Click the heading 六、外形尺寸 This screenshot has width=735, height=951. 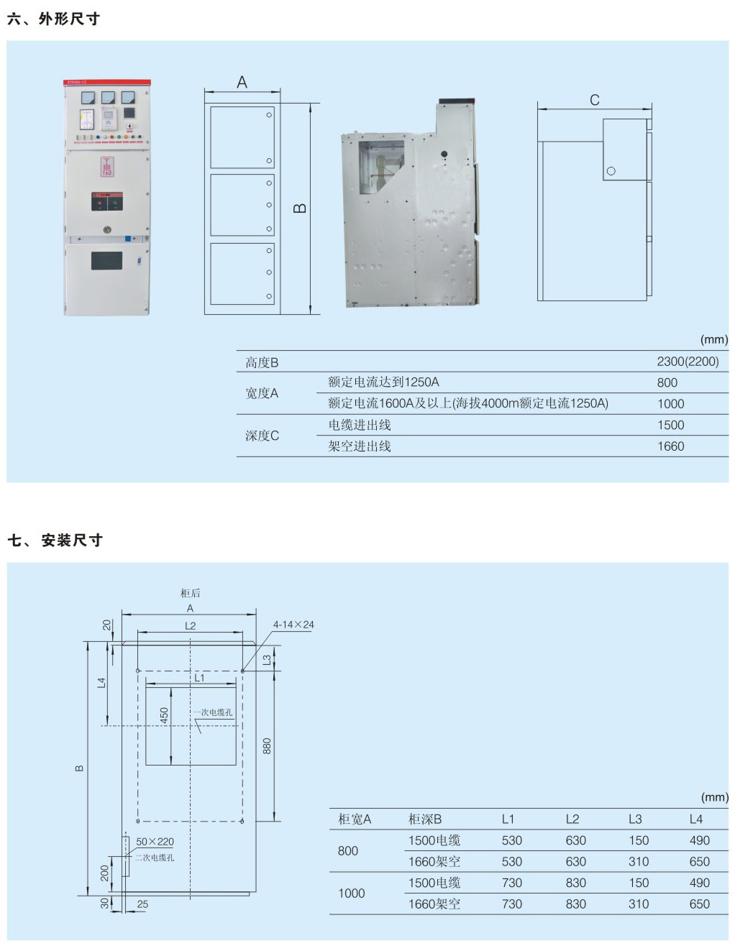click(x=53, y=19)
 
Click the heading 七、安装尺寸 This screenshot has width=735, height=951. click(x=55, y=540)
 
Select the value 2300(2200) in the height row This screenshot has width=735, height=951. click(x=688, y=362)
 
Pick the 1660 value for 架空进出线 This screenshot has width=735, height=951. click(x=670, y=446)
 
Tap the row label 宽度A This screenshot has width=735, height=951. click(x=262, y=393)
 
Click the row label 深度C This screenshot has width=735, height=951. click(x=262, y=436)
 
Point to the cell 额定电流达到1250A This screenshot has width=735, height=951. click(x=383, y=382)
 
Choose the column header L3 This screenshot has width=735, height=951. click(x=635, y=819)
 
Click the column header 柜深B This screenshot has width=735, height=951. click(x=425, y=819)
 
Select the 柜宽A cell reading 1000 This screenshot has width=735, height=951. click(x=352, y=893)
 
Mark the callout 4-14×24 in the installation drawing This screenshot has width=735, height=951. click(x=293, y=625)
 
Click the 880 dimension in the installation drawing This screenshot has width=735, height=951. click(x=267, y=746)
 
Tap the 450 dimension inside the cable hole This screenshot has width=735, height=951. click(x=164, y=716)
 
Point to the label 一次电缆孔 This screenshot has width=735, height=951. click(x=213, y=712)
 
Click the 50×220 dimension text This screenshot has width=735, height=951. click(x=155, y=842)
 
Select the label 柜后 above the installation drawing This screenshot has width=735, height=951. click(x=191, y=593)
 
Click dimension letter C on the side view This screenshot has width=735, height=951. click(x=595, y=100)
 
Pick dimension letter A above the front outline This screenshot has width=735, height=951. click(x=242, y=83)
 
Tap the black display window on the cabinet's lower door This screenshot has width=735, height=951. click(x=106, y=260)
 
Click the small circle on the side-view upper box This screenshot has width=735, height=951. click(x=611, y=171)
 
